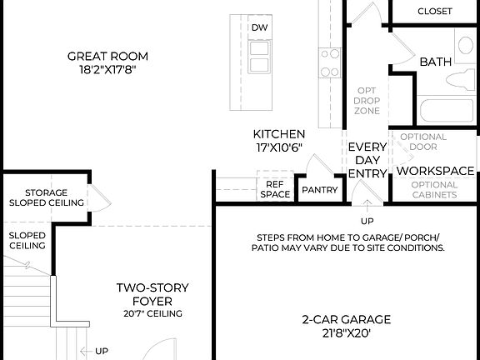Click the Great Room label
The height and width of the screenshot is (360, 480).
tap(108, 57)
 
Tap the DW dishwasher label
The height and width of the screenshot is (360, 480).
tap(259, 27)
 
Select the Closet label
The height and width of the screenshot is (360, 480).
tap(434, 12)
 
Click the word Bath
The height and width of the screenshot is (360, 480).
tap(435, 62)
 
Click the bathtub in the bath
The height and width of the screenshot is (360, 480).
tap(433, 111)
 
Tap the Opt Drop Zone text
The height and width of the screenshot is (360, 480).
tap(368, 101)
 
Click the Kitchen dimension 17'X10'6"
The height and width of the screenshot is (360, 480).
tap(279, 147)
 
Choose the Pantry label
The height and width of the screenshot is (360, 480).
tap(320, 190)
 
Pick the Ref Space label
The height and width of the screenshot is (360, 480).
tap(277, 190)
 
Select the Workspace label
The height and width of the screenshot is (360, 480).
tap(435, 170)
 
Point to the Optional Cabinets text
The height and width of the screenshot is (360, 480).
tap(435, 189)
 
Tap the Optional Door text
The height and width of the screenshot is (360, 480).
tap(423, 142)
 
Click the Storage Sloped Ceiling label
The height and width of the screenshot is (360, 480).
tap(47, 197)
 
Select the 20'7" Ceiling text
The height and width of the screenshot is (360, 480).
tap(152, 314)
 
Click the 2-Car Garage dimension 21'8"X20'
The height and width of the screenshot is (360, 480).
tap(346, 333)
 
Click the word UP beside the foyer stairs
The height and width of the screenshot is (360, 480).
tap(101, 352)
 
